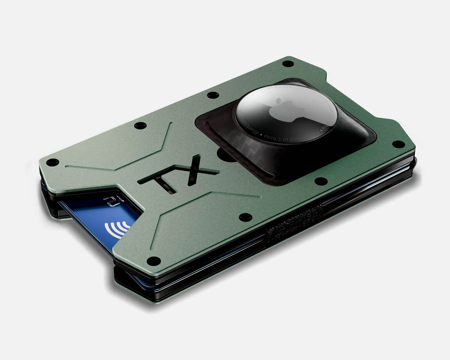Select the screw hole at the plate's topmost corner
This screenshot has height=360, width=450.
pyautogui.click(x=288, y=64)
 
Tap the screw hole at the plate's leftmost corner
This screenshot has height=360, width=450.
pyautogui.click(x=53, y=162)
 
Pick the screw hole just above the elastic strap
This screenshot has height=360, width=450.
pyautogui.click(x=245, y=217)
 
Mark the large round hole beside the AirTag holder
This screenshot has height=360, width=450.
pyautogui.click(x=223, y=155)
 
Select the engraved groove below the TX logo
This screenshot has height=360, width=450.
pyautogui.click(x=192, y=204)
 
